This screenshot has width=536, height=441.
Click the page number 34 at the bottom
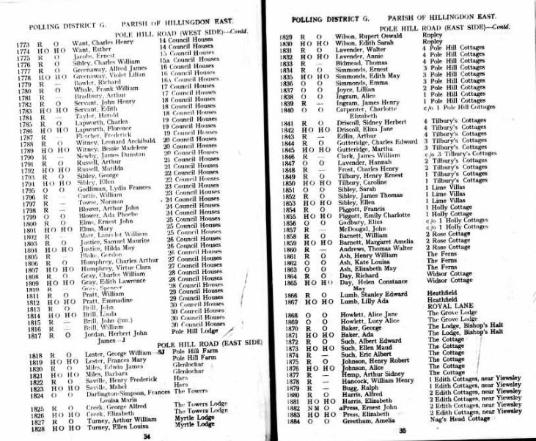pos(147,435)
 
